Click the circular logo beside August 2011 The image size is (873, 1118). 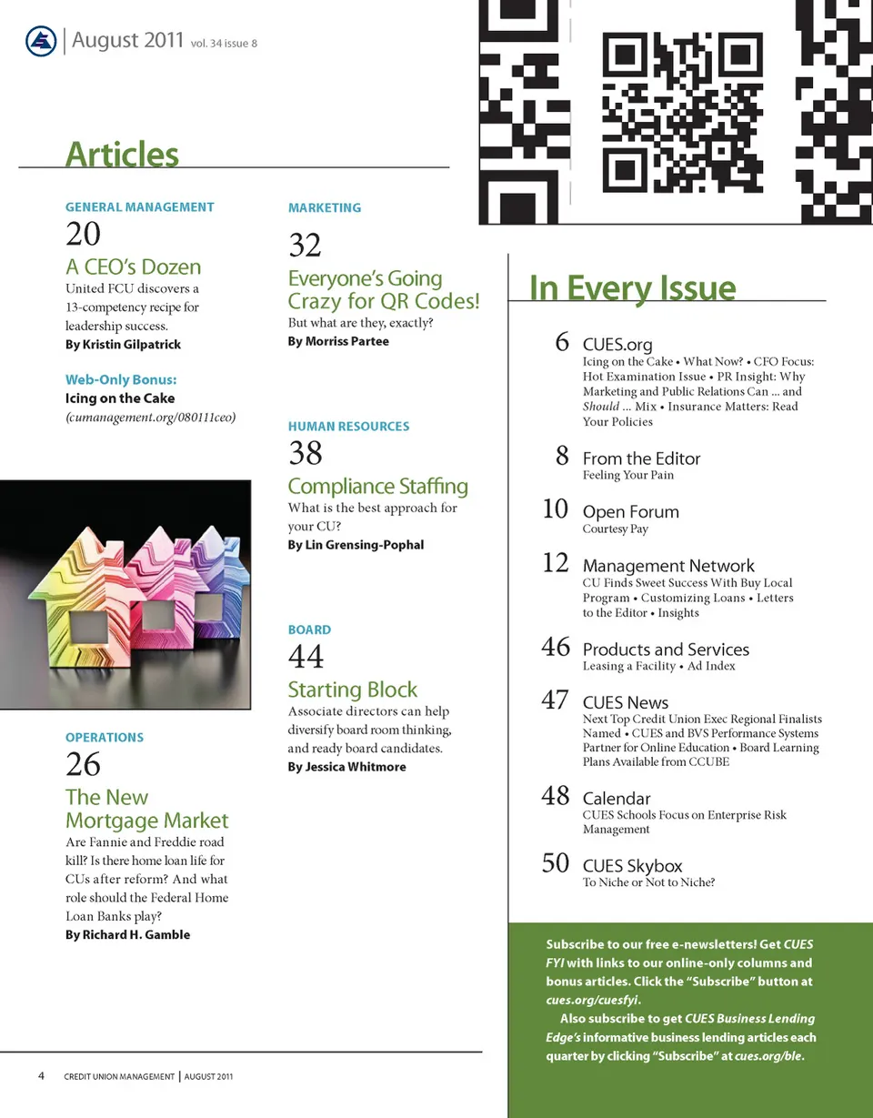[x=41, y=42]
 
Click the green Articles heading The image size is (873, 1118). [x=122, y=155]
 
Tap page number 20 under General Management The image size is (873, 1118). [x=83, y=235]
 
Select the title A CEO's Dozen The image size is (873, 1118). [x=133, y=267]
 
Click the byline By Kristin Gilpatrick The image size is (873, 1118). [x=123, y=345]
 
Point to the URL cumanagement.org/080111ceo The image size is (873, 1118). [x=150, y=417]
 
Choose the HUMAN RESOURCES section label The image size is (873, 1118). [x=348, y=427]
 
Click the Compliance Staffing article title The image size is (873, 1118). [x=377, y=487]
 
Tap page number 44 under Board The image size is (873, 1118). [x=306, y=657]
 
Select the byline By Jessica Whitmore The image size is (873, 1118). [x=346, y=767]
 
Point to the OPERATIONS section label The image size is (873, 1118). [x=105, y=738]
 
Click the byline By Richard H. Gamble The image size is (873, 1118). [x=127, y=934]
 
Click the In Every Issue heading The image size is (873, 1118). [x=632, y=288]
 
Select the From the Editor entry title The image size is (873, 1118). [x=641, y=458]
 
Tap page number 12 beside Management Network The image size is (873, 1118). [x=555, y=564]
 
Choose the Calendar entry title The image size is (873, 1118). [x=617, y=799]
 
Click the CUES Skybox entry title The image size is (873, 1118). [x=632, y=866]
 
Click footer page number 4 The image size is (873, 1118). [x=42, y=1076]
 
